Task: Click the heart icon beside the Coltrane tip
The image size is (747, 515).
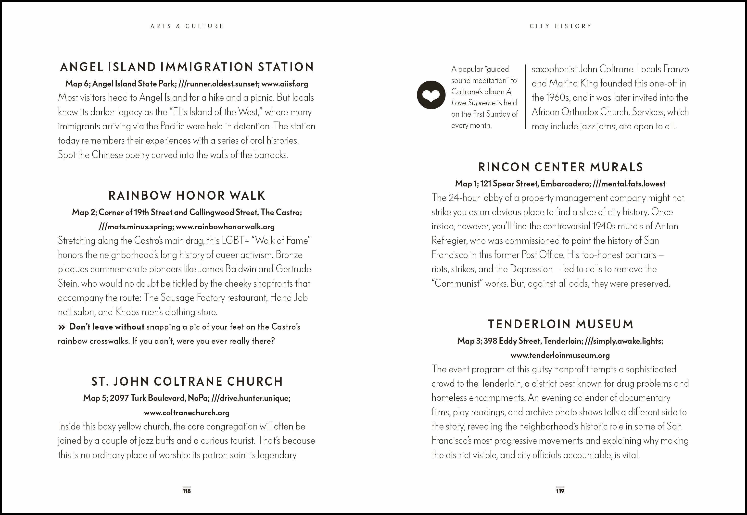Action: click(x=431, y=95)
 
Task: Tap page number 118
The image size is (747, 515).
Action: click(x=187, y=491)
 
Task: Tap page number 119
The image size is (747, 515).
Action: click(x=560, y=491)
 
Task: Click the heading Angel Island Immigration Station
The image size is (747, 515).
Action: click(x=187, y=67)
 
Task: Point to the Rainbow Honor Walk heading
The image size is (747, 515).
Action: click(x=187, y=196)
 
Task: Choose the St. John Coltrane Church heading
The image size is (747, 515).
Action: click(x=187, y=381)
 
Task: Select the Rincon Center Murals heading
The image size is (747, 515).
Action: click(x=560, y=167)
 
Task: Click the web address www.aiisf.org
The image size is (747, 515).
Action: click(x=285, y=84)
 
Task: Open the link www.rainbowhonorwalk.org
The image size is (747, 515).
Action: click(x=225, y=227)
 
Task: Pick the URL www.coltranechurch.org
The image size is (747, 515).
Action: click(x=187, y=412)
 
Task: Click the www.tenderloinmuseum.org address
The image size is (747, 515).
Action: click(x=560, y=355)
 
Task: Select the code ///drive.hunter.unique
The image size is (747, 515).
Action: click(x=251, y=398)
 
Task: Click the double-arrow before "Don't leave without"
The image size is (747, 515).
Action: click(x=62, y=327)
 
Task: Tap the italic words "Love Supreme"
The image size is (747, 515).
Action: click(x=473, y=103)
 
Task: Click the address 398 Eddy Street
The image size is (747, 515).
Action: click(x=512, y=341)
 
